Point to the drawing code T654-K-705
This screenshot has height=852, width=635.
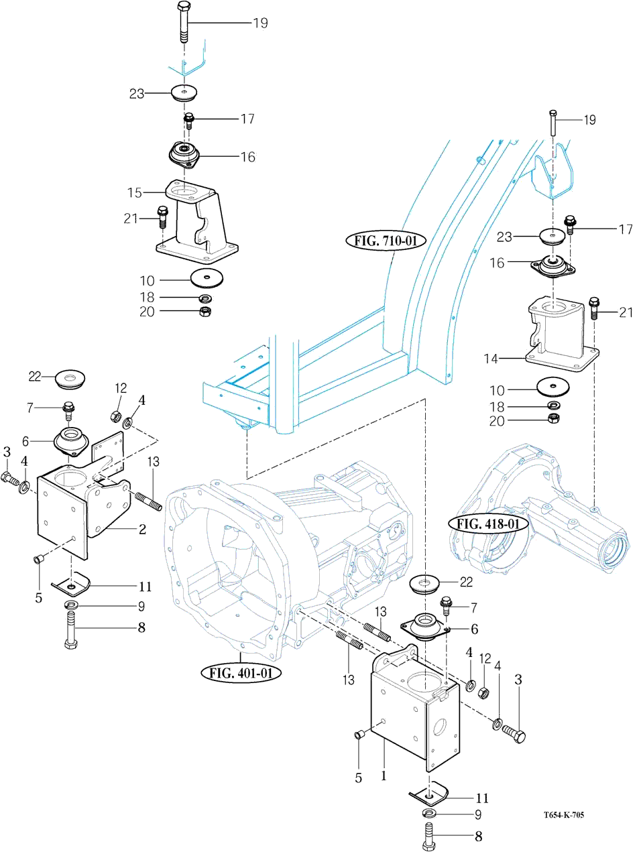(564, 815)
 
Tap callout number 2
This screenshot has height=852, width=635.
(142, 529)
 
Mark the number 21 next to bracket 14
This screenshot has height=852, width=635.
(625, 312)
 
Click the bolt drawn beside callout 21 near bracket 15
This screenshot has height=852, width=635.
(162, 218)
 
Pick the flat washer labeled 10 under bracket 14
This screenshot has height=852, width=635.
(554, 387)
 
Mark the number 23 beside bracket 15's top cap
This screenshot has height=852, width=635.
(137, 94)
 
